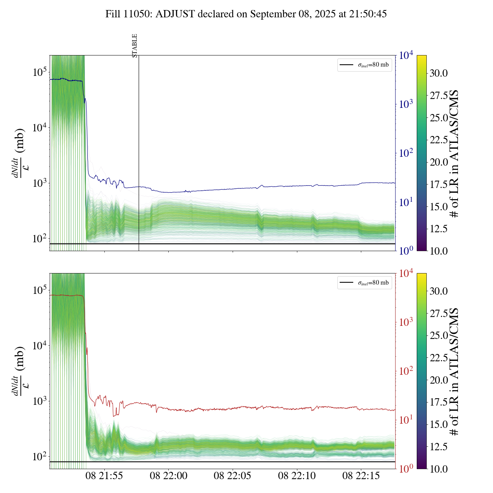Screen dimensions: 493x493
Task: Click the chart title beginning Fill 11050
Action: pos(246,14)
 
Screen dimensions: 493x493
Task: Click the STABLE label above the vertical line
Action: pos(135,46)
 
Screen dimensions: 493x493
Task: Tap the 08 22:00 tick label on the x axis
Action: pos(169,476)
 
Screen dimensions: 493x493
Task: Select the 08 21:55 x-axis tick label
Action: pos(104,476)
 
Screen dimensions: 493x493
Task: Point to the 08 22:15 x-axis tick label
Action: pos(361,476)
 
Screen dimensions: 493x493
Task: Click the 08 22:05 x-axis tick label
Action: pos(233,476)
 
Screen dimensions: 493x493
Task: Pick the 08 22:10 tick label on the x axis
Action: pos(297,476)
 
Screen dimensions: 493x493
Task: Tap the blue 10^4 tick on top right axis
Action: pos(406,55)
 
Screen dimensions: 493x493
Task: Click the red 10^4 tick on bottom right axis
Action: pos(406,273)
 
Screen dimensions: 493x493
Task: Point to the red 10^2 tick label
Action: pos(406,371)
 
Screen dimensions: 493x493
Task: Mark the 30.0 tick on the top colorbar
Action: pos(439,73)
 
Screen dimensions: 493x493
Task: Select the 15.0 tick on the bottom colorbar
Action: pos(439,424)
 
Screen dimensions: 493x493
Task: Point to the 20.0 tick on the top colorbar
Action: pos(439,162)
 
